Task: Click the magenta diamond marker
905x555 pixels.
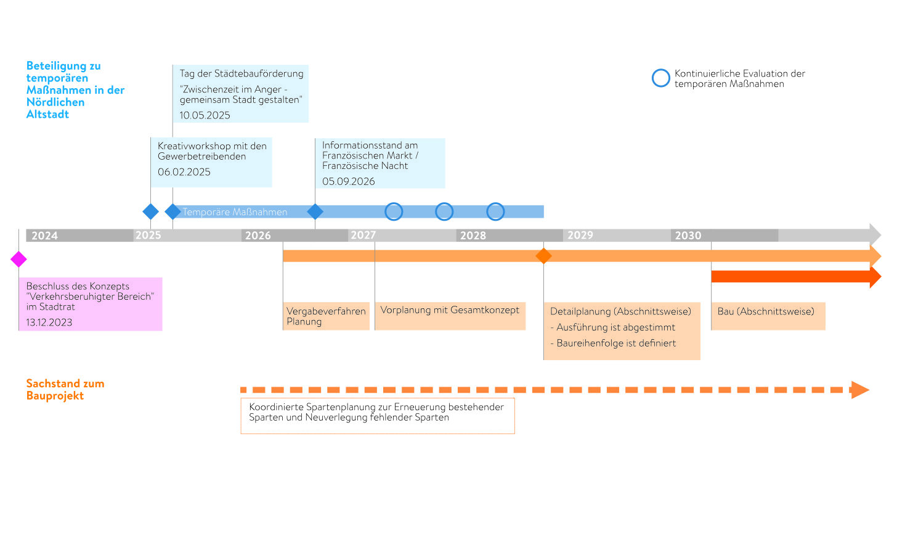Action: tap(18, 259)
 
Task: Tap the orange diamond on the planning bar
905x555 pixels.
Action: tap(543, 256)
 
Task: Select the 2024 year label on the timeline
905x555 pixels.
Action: tap(44, 236)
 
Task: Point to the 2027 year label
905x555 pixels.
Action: tap(363, 235)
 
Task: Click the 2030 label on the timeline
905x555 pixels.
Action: tap(688, 236)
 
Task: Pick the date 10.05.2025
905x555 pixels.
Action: tap(205, 115)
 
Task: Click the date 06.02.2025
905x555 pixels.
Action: tap(184, 172)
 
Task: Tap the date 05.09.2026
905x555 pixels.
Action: tap(348, 182)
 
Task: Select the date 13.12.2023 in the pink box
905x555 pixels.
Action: tap(49, 323)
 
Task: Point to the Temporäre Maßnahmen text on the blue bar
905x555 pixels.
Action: tap(235, 212)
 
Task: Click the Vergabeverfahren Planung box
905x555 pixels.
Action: tap(326, 316)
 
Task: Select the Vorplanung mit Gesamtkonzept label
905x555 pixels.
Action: tap(450, 310)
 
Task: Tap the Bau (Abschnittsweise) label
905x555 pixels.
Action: tap(766, 311)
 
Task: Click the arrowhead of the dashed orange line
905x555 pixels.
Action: tap(860, 390)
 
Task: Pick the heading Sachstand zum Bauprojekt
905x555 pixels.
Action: tap(65, 390)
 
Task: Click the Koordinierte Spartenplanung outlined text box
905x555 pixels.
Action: tap(378, 416)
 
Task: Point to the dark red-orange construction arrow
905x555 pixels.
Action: tap(797, 277)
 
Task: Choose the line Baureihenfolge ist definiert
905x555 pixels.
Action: tap(613, 343)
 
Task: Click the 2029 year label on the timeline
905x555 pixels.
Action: tap(580, 235)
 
